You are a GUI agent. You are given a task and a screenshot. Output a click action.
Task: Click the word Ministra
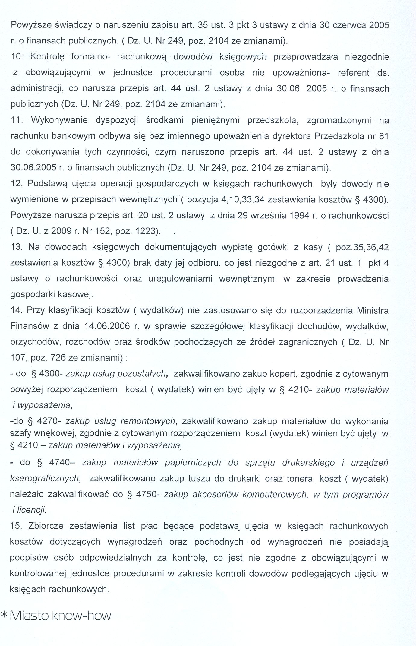tap(373, 310)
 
